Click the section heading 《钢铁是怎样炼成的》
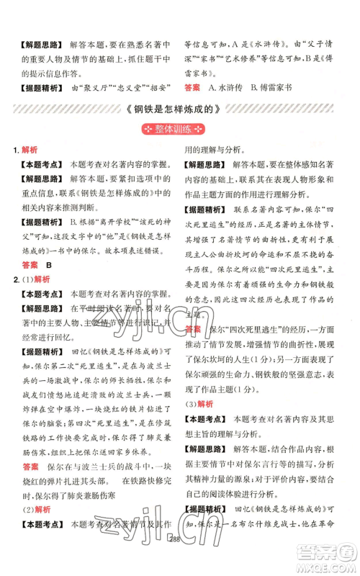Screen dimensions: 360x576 coord(179,113)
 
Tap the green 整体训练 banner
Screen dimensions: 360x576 coord(179,132)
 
